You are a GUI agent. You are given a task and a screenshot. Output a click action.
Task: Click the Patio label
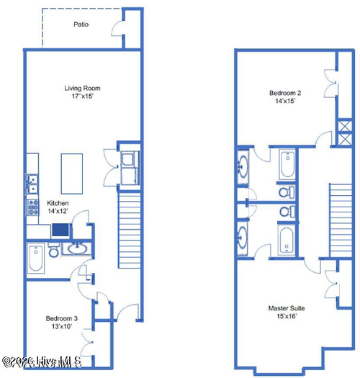[81, 24]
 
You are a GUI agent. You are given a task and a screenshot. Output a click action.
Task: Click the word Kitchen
[58, 204]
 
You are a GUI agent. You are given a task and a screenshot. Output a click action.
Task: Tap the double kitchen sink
[32, 184]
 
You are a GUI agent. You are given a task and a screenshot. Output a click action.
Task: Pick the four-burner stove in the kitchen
[32, 208]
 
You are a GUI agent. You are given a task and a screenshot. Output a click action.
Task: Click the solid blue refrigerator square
[60, 231]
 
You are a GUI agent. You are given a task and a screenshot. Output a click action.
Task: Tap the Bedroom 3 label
[61, 318]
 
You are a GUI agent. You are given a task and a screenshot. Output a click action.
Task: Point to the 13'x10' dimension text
[61, 327]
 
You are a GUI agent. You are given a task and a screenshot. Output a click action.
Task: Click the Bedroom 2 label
[284, 93]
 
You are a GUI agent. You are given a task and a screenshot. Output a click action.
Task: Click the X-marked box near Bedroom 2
[343, 134]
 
